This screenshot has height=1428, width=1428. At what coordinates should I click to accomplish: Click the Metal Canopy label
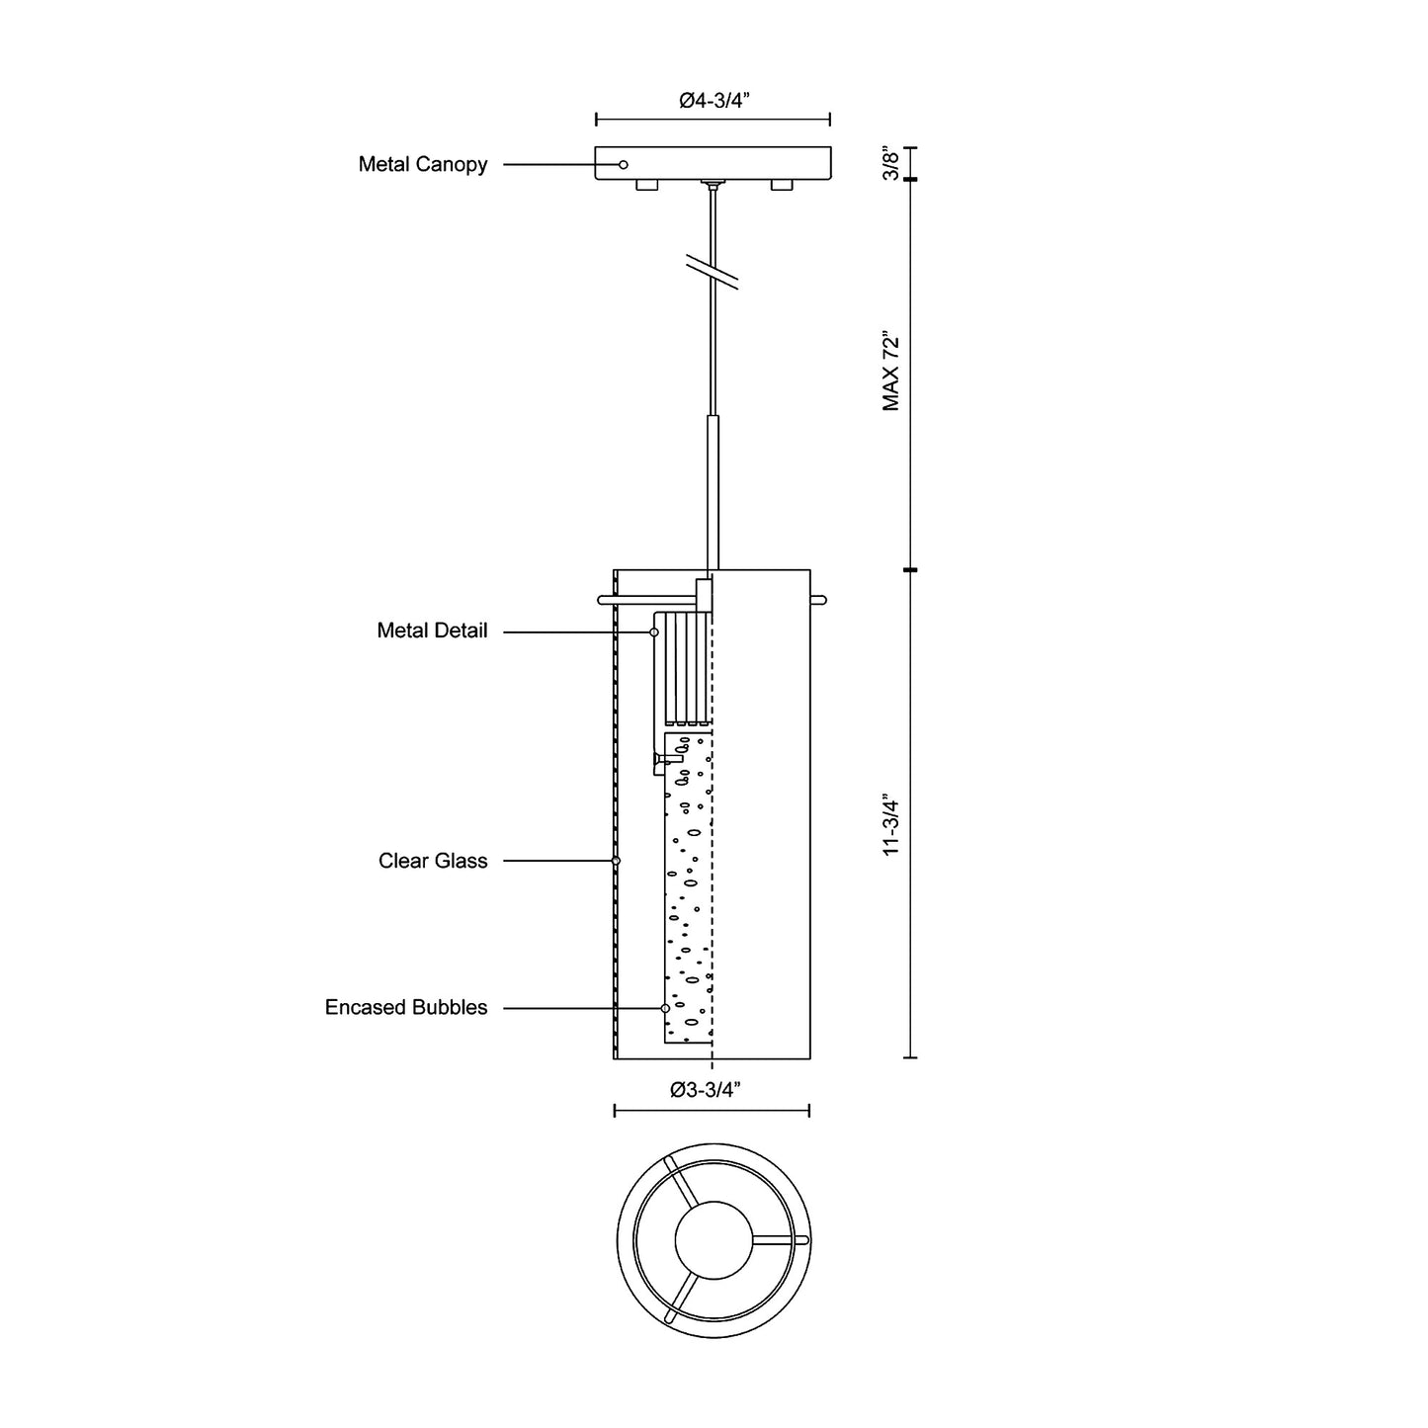tap(423, 164)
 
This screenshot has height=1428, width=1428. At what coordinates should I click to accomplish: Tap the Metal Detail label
tap(432, 630)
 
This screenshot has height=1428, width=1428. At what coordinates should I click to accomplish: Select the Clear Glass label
tap(433, 861)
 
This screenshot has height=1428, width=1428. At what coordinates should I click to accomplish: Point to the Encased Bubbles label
tap(406, 1007)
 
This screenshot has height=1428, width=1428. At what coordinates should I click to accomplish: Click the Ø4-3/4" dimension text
tap(713, 99)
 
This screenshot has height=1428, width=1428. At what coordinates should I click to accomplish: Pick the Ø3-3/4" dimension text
tap(705, 1090)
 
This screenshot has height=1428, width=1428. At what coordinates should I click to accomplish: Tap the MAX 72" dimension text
tap(892, 372)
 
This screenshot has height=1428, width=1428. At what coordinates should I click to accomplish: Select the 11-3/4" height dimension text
tap(892, 823)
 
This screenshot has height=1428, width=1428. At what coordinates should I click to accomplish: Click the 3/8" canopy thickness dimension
tap(892, 163)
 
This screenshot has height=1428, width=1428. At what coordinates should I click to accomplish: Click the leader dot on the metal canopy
tap(623, 164)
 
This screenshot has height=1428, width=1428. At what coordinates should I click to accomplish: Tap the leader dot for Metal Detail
tap(654, 631)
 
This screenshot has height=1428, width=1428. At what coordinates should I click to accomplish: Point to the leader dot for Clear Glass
tap(616, 861)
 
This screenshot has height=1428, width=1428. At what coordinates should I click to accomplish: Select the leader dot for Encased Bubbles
tap(665, 1008)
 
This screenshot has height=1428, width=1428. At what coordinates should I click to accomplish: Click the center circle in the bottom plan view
tap(713, 1239)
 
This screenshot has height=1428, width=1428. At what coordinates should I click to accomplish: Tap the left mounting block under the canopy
tap(646, 185)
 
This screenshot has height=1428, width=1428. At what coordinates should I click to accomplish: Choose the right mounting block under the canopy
tap(781, 185)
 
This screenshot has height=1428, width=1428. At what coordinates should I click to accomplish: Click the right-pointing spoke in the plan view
tap(780, 1239)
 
